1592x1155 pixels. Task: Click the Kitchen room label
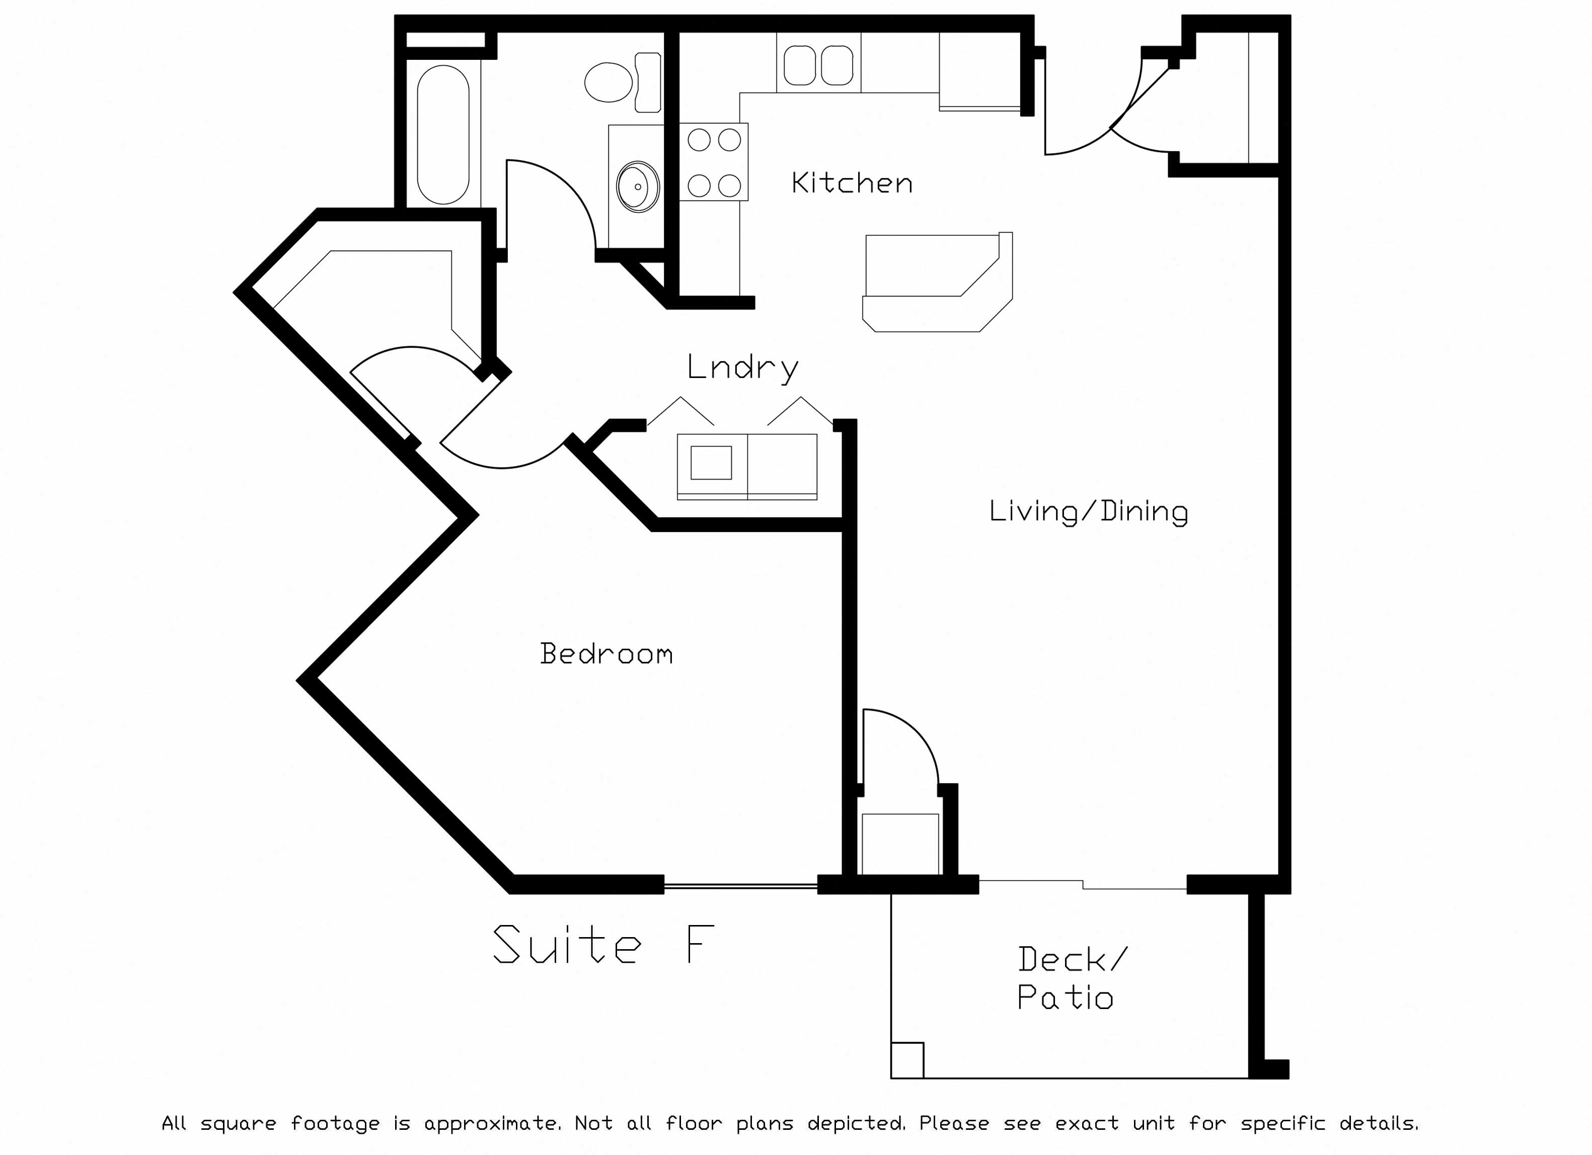point(852,183)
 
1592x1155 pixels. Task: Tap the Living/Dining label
point(1089,511)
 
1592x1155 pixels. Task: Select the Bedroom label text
point(607,653)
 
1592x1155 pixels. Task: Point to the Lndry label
point(743,368)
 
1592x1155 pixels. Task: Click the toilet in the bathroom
point(623,82)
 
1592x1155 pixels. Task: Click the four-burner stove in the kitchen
point(714,162)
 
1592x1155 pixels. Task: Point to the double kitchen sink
point(818,65)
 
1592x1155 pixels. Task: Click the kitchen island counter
point(938,282)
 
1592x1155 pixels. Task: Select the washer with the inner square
point(712,466)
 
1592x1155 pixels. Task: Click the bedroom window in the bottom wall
point(740,887)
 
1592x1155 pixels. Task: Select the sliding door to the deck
point(1083,884)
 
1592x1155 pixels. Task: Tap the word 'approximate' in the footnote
point(492,1124)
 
